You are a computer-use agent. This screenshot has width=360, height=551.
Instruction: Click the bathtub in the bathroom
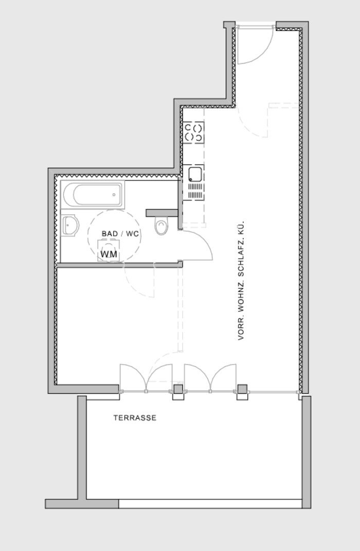[93, 194]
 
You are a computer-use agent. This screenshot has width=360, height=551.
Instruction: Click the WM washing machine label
[109, 254]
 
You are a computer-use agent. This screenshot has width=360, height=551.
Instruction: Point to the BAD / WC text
[120, 234]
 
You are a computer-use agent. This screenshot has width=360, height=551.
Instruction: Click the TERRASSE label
[135, 418]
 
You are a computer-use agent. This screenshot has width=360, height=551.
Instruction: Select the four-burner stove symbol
[193, 133]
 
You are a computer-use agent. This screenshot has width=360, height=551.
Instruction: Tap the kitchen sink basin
[195, 174]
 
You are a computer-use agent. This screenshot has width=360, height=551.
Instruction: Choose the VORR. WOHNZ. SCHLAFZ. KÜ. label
[241, 281]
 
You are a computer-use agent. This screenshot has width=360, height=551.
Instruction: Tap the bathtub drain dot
[114, 195]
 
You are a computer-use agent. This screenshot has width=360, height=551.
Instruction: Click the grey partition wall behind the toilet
[161, 213]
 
